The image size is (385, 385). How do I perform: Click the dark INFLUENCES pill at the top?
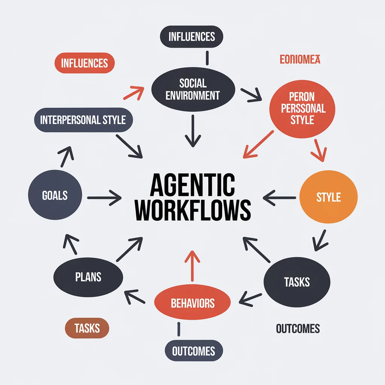click(192, 37)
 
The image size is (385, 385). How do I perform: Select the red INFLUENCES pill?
click(84, 63)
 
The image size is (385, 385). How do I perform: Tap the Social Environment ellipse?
click(193, 89)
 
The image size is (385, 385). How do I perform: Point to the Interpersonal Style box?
click(83, 120)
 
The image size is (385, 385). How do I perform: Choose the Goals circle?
click(55, 195)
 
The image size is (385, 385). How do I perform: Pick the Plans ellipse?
click(88, 277)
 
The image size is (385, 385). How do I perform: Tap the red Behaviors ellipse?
click(192, 303)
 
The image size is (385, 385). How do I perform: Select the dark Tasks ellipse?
click(297, 282)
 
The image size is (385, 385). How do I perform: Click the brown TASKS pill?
click(87, 328)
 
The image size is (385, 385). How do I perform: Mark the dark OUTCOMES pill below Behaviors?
click(194, 351)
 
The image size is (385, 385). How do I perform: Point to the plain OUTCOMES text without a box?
click(298, 329)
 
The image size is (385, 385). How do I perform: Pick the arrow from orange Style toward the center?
click(280, 196)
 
